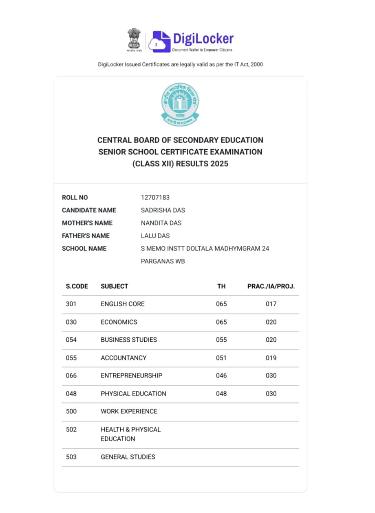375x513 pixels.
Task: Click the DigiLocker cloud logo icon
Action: pos(159,41)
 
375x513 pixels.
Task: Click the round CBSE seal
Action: pos(180,104)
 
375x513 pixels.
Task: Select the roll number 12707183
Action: pos(155,197)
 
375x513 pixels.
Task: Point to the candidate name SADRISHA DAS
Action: pos(163,210)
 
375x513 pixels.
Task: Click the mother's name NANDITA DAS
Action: pos(161,223)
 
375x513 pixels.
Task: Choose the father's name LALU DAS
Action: pos(155,236)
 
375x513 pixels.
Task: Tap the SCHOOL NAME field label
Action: pos(84,249)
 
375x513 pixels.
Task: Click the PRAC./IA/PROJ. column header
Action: pos(271,286)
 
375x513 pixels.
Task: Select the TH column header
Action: pos(221,286)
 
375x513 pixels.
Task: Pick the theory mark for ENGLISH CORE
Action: pos(221,304)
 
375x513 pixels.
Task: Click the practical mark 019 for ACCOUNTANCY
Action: pos(271,358)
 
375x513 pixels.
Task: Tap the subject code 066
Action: pos(71,375)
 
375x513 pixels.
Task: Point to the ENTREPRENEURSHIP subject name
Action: pos(131,375)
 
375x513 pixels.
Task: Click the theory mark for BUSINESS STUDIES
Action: pos(221,340)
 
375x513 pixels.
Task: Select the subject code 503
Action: pos(71,457)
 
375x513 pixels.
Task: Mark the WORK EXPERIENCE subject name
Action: pos(129,411)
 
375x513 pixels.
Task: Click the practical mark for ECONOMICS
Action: pos(271,322)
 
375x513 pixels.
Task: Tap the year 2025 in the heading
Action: pos(219,164)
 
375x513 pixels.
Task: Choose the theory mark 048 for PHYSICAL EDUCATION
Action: pos(221,394)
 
